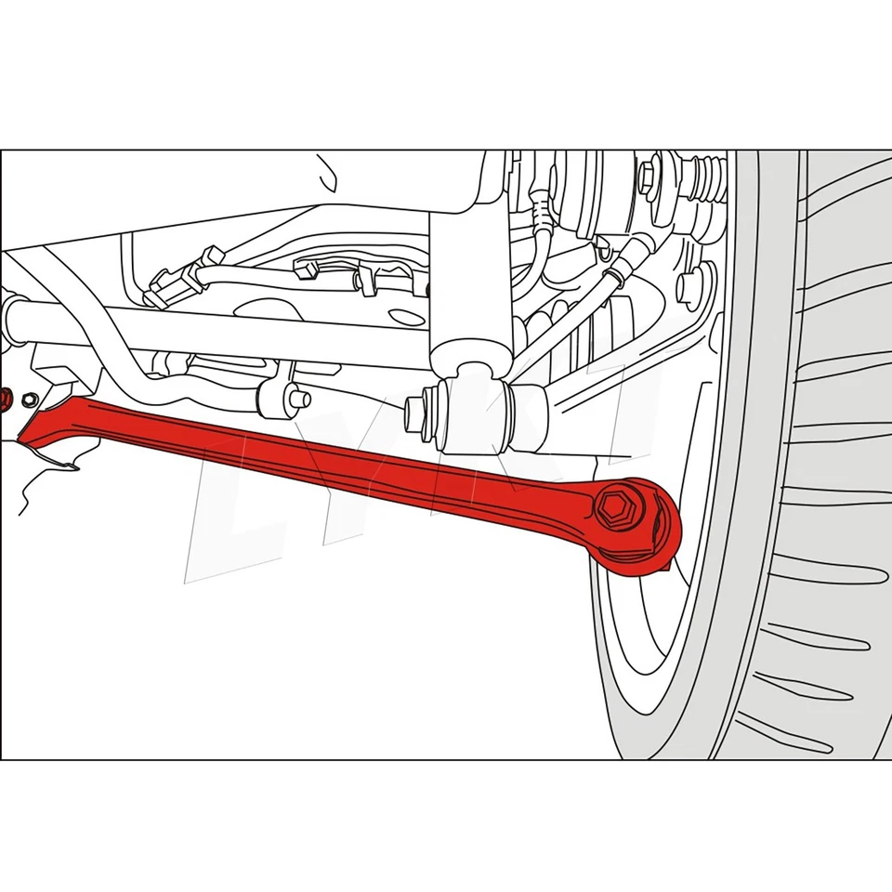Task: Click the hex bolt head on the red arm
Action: (x=615, y=507)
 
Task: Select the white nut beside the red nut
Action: (x=28, y=400)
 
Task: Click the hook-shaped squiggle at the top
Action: (x=327, y=173)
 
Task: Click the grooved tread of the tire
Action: (x=836, y=465)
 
